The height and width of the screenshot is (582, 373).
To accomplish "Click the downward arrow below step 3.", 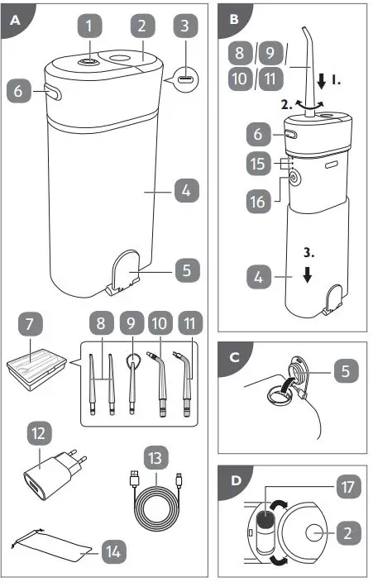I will pyautogui.click(x=307, y=275).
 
